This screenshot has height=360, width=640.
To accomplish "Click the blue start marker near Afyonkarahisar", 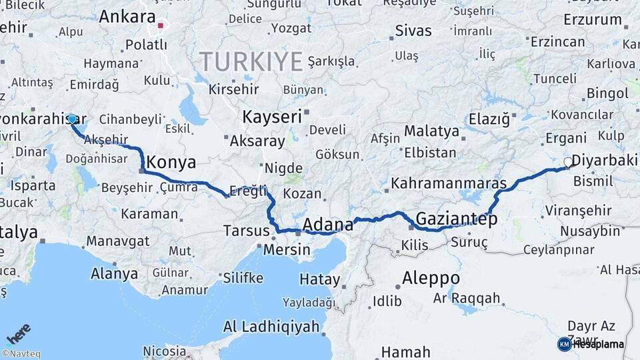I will point(72,119).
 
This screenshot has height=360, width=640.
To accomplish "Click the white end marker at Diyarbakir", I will point(568,162).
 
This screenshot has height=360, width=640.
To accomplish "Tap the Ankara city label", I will point(127,17).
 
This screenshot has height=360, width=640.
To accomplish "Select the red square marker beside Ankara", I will point(161,27).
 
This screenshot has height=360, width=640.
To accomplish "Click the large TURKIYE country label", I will point(251,61).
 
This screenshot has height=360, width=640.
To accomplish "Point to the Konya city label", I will point(171,162).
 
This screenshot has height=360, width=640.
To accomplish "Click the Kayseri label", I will point(272,117).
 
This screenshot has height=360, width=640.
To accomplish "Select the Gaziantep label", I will point(457,219).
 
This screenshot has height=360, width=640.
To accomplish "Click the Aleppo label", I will point(431,277).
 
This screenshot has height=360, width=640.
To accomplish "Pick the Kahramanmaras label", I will point(449,183).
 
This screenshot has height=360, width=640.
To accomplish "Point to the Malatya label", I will point(431,131).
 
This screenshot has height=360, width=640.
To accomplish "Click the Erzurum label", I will point(592,19).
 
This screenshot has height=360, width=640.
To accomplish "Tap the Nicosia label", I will point(165,350).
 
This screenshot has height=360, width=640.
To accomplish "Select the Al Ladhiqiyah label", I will point(271,327).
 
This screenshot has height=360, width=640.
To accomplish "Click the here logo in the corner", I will point(18,333).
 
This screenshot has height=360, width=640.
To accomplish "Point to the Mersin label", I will point(287,250).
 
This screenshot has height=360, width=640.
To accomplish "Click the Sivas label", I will point(413,31).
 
